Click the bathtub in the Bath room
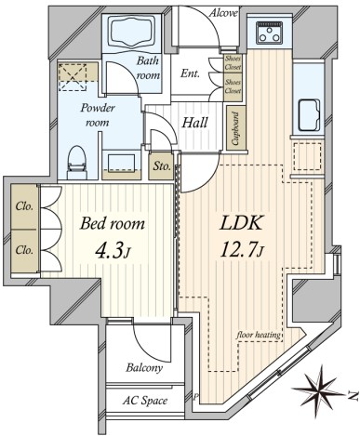132,33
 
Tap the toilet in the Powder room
76,162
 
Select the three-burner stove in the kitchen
271,33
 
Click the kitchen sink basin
309,115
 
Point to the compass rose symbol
319,388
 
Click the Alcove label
223,13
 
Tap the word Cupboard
236,128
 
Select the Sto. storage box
161,166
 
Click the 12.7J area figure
242,250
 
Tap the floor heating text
259,335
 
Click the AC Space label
145,401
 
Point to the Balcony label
144,368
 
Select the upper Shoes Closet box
233,63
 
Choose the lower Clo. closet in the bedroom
24,251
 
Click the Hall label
194,123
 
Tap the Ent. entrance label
190,73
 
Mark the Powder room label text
98,115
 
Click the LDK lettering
241,223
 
